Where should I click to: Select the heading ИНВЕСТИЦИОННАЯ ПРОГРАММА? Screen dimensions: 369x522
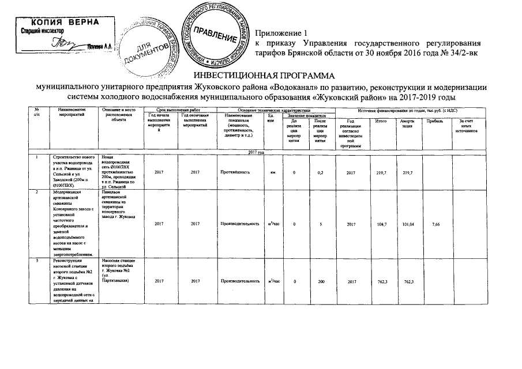click(261, 76)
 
